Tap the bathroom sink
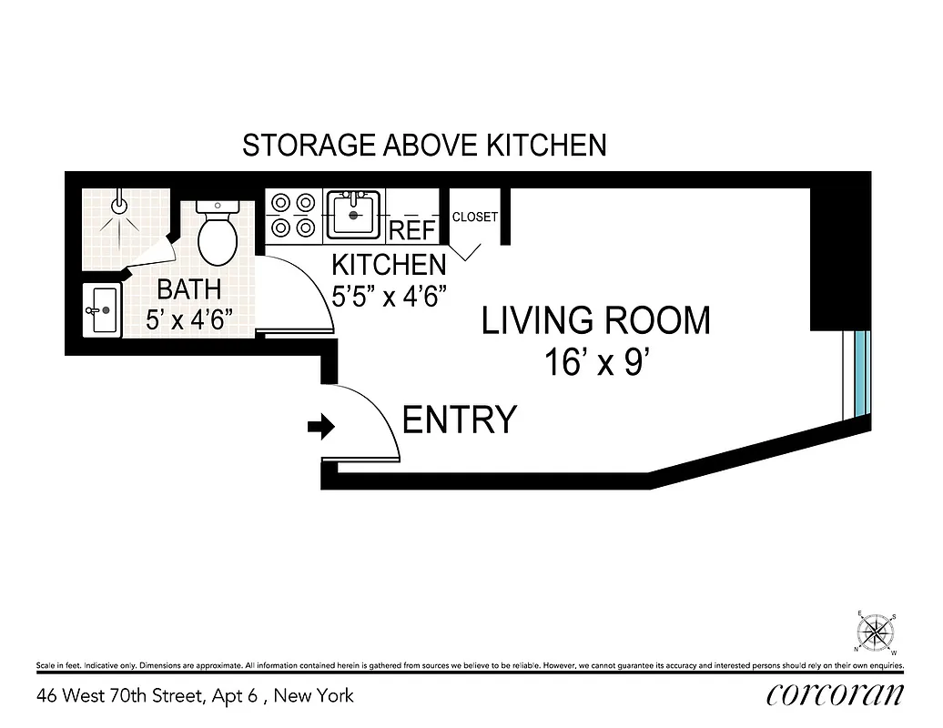(x=102, y=310)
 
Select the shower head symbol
(x=118, y=206)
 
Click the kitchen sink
(x=354, y=214)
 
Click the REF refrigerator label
(x=412, y=231)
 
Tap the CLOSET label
(x=475, y=217)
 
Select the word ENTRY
(x=460, y=420)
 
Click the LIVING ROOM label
(x=595, y=321)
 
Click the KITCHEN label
(x=389, y=266)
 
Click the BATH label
(x=189, y=290)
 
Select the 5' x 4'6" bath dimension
(x=189, y=319)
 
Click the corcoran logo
(x=836, y=696)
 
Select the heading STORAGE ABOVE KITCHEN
(x=424, y=146)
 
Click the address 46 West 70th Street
(x=195, y=697)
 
